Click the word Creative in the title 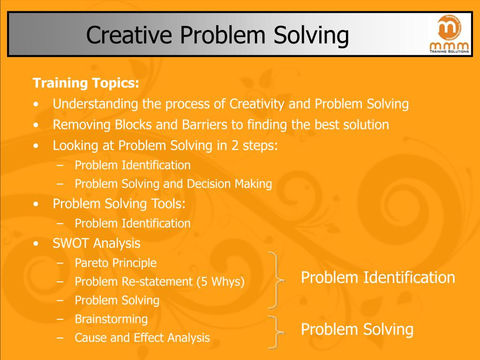pyautogui.click(x=129, y=35)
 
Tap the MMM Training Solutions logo pyautogui.click(x=449, y=34)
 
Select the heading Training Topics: pyautogui.click(x=86, y=83)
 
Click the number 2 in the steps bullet pyautogui.click(x=235, y=145)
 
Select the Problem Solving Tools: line pyautogui.click(x=119, y=203)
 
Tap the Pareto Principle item pyautogui.click(x=116, y=263)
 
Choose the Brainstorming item pyautogui.click(x=112, y=319)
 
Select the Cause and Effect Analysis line pyautogui.click(x=142, y=337)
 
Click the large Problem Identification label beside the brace pyautogui.click(x=378, y=277)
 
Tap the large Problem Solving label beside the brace pyautogui.click(x=357, y=330)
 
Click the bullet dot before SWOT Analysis pyautogui.click(x=37, y=244)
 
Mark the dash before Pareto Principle pyautogui.click(x=60, y=263)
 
